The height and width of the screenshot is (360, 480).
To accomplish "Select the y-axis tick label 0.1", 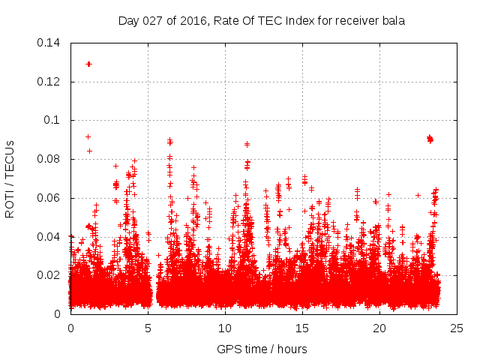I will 54,120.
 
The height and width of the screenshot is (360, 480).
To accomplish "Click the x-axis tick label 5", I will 148,328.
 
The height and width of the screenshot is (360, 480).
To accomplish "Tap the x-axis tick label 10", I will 225,328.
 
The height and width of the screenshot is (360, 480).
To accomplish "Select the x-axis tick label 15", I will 302,328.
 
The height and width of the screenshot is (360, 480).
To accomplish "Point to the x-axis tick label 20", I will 379,328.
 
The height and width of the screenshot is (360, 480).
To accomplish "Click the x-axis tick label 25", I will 457,328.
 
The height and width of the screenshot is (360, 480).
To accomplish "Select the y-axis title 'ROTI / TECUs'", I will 10,178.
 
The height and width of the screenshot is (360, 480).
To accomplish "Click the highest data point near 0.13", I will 88,64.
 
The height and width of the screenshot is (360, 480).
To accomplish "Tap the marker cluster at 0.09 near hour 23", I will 430,139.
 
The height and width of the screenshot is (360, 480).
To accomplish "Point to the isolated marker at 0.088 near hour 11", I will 247,144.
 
